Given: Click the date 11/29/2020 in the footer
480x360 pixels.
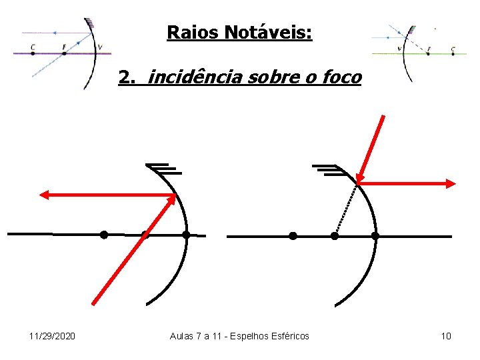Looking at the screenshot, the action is click(x=53, y=336).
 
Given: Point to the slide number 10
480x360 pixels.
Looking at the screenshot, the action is click(x=446, y=336).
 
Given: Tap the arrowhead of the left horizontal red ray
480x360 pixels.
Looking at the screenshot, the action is click(x=45, y=195).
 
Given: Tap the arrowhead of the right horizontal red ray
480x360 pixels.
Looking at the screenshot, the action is click(x=451, y=183).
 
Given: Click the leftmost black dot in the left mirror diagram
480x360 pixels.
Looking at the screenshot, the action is click(x=104, y=235).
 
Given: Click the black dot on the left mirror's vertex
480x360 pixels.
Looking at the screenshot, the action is click(x=186, y=235).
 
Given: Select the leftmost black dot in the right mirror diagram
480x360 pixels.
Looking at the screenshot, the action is click(x=293, y=235).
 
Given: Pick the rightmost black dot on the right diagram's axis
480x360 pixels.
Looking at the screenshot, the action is click(x=375, y=235).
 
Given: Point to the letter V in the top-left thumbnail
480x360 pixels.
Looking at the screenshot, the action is click(x=100, y=47).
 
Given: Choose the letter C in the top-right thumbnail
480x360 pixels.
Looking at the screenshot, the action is click(x=453, y=49).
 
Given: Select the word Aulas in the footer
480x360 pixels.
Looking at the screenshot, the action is click(x=183, y=336).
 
